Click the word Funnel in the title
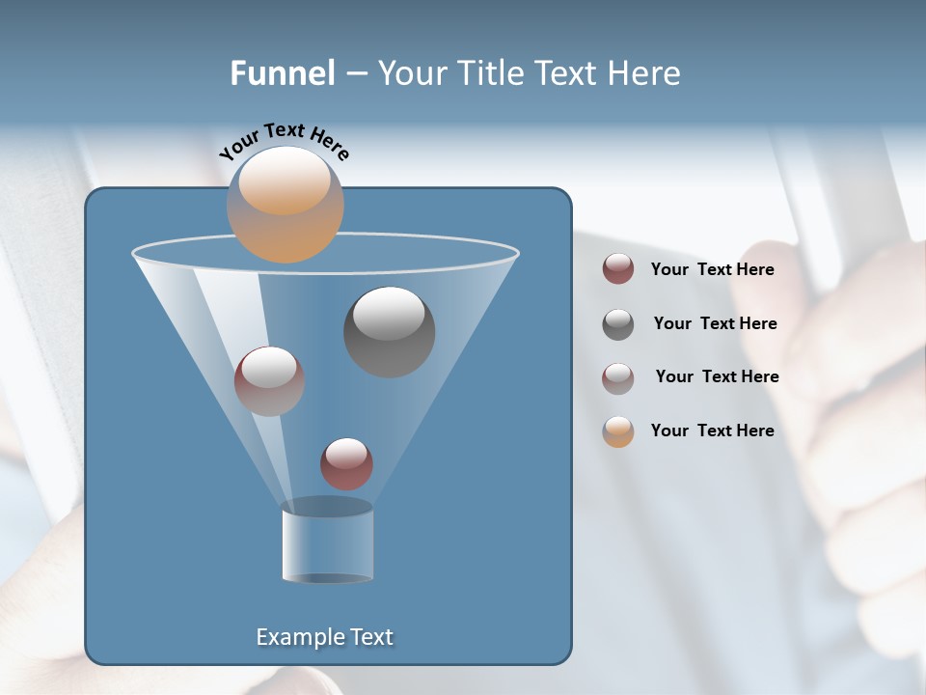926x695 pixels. coord(282,73)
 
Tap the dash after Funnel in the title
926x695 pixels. coord(355,74)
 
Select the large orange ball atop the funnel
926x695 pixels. coord(285,205)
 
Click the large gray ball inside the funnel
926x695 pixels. coord(389,332)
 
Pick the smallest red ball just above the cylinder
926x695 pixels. coord(346,464)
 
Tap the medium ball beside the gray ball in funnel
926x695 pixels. coord(269,381)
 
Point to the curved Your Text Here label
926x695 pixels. coord(284,140)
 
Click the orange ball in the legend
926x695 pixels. coord(618,431)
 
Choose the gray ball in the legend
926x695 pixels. coord(618,324)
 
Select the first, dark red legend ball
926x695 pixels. coord(618,269)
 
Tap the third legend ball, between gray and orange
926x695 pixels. coord(618,377)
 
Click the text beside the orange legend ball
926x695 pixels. coord(712,431)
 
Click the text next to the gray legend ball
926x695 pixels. coord(715,323)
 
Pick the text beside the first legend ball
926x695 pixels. coord(712,269)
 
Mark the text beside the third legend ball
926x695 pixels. coord(717,376)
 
